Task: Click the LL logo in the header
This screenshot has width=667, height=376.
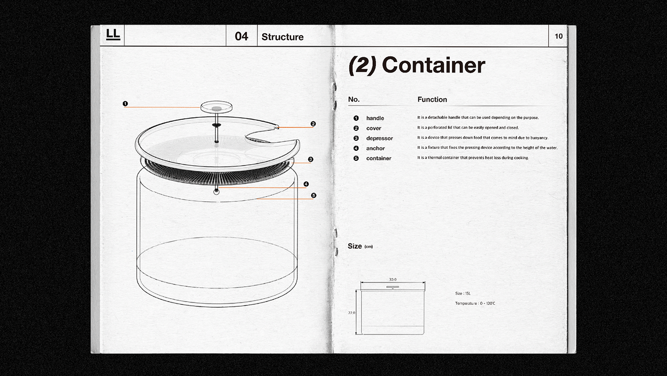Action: pyautogui.click(x=113, y=35)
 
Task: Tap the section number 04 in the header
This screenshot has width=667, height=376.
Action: pyautogui.click(x=242, y=37)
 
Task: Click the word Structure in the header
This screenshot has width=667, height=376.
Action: pyautogui.click(x=283, y=37)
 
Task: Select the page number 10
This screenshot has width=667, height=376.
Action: pyautogui.click(x=558, y=36)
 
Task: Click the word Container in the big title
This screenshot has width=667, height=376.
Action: pyautogui.click(x=433, y=65)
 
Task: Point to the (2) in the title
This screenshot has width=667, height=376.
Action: pyautogui.click(x=363, y=65)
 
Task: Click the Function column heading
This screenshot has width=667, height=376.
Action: pyautogui.click(x=432, y=99)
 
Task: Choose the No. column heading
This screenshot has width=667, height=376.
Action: pyautogui.click(x=354, y=99)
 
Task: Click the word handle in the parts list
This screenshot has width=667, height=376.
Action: pyautogui.click(x=375, y=118)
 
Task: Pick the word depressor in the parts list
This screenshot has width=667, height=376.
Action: pyautogui.click(x=379, y=138)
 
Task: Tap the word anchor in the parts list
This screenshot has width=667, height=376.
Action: pyautogui.click(x=375, y=148)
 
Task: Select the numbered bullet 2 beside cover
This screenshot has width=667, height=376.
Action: pyautogui.click(x=356, y=128)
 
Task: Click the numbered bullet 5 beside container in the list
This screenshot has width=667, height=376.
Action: pyautogui.click(x=356, y=158)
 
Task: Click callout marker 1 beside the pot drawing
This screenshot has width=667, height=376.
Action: pyautogui.click(x=125, y=104)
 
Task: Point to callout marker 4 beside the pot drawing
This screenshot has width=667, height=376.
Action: pyautogui.click(x=306, y=184)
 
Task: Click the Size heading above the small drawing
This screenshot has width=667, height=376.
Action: pyautogui.click(x=355, y=246)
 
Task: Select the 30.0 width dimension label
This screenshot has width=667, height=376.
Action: pyautogui.click(x=393, y=280)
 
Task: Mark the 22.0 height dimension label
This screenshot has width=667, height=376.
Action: pyautogui.click(x=351, y=313)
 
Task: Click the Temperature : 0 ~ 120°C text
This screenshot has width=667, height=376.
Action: pyautogui.click(x=475, y=303)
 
